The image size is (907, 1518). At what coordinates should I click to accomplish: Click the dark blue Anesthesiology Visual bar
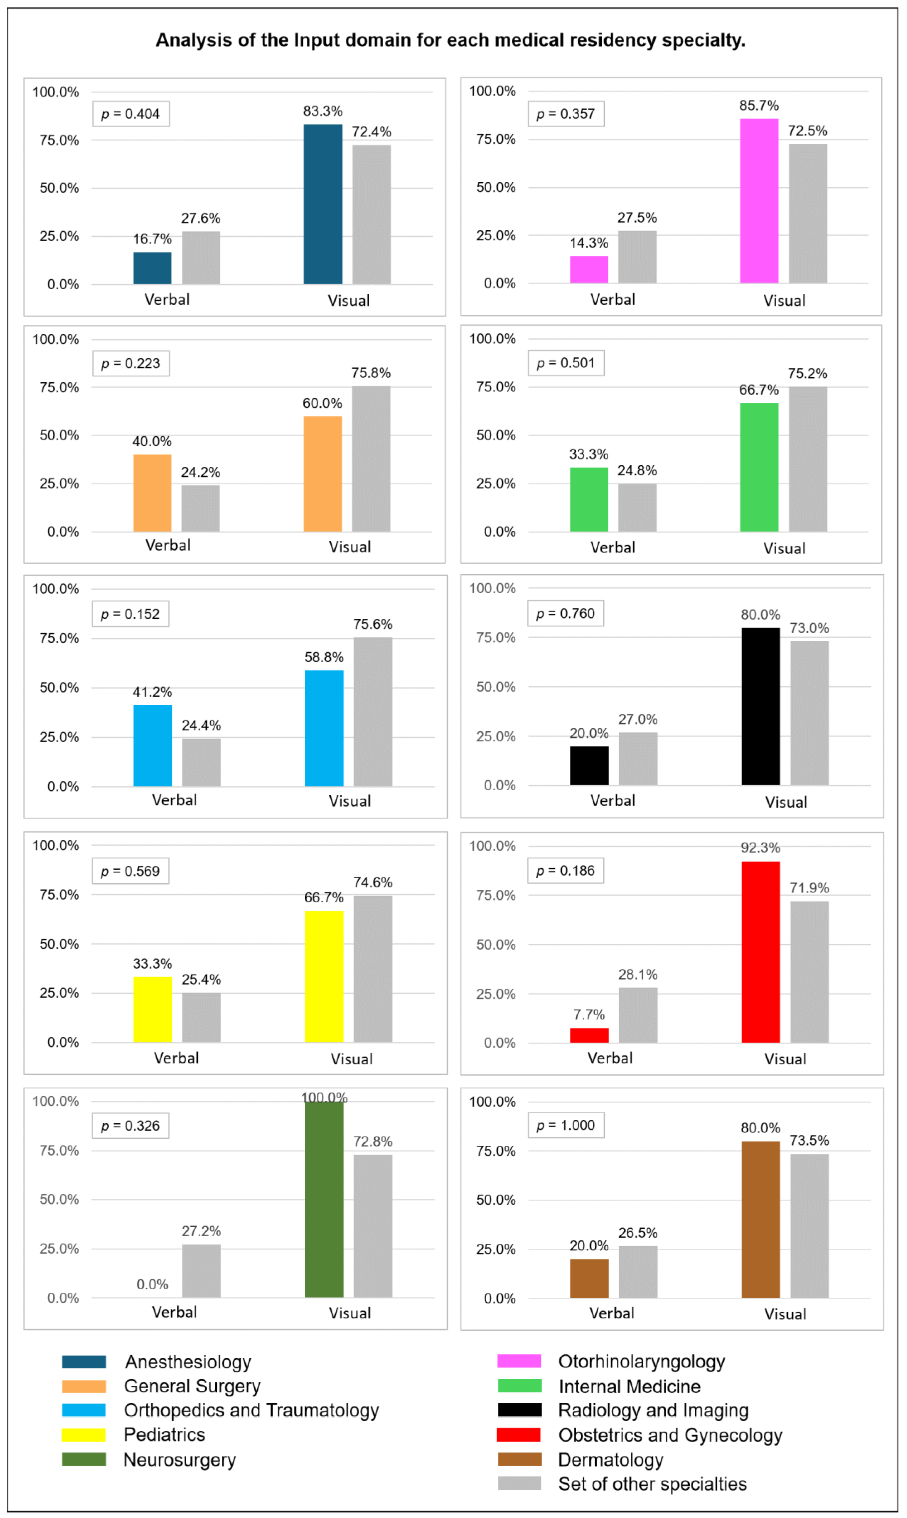(323, 204)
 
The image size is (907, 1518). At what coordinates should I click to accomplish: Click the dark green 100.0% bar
(325, 1200)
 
